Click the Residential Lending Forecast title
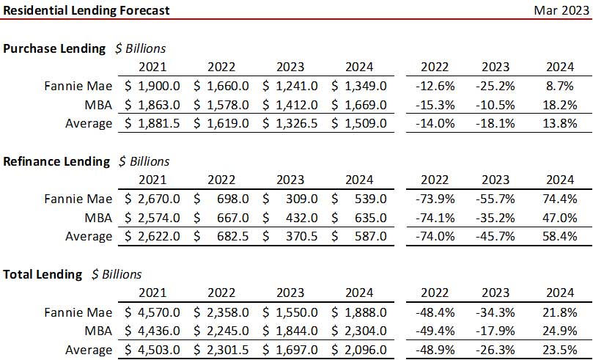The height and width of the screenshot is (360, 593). [x=86, y=10]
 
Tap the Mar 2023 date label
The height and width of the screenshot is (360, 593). [x=561, y=10]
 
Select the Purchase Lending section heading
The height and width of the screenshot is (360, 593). [x=54, y=48]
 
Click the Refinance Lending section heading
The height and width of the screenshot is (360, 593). [x=56, y=161]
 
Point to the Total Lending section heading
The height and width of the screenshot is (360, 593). [x=43, y=274]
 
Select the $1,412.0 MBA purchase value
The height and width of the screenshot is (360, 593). [x=291, y=105]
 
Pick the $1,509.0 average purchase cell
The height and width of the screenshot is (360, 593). [x=358, y=123]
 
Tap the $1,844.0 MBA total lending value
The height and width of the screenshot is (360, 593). [x=291, y=331]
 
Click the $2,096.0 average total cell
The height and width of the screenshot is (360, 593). [x=358, y=350]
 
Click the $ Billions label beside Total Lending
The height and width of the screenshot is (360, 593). [x=117, y=274]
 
